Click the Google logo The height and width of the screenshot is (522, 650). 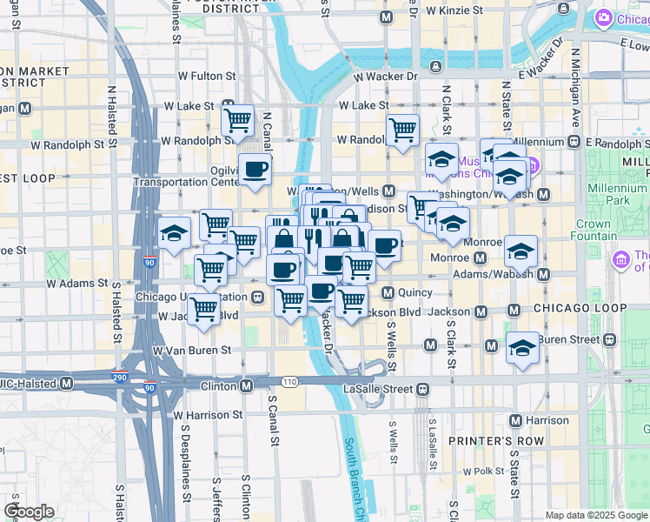coord(30,511)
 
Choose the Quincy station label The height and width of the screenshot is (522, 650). coord(412,292)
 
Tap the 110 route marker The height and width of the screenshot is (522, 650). coord(289,382)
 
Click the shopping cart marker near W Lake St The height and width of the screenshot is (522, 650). coord(237,121)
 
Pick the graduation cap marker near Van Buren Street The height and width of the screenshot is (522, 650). coord(522,347)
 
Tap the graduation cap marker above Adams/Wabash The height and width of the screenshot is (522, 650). coord(521,251)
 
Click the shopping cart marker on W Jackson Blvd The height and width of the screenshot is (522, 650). coord(204,309)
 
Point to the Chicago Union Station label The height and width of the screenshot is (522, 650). coord(192,298)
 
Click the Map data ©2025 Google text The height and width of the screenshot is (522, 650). coord(595,515)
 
